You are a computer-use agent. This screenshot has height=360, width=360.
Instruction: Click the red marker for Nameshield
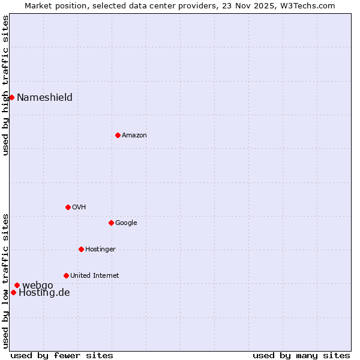tap(11, 97)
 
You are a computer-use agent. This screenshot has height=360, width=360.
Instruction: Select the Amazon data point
tap(118, 135)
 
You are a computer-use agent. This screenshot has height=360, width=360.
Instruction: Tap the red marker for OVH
tap(68, 207)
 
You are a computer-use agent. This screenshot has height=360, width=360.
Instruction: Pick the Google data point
tap(111, 223)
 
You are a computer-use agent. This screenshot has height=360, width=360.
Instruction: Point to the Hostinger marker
tap(81, 249)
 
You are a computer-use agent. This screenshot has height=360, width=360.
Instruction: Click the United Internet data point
tap(66, 275)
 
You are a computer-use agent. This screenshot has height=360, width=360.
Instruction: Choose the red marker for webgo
tap(17, 285)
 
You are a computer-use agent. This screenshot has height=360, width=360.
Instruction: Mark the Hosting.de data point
tap(13, 292)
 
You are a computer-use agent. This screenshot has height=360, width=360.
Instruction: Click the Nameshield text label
tap(44, 98)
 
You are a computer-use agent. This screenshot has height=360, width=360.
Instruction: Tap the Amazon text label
tap(134, 136)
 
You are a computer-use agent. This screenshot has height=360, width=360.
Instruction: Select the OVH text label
tap(79, 208)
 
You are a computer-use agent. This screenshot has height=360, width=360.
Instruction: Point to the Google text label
tap(126, 223)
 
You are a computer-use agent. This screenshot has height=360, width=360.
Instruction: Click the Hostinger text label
tap(100, 250)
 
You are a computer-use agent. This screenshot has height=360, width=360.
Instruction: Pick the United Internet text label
tap(94, 276)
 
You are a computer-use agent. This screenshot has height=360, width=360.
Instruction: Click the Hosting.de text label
tap(44, 293)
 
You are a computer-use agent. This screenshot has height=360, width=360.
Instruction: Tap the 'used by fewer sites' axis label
tap(62, 355)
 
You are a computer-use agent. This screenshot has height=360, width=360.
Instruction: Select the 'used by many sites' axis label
tap(301, 355)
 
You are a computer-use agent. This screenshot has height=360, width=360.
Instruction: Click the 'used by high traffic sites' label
tap(5, 85)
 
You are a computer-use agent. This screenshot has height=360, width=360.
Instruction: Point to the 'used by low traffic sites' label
tap(5, 281)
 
